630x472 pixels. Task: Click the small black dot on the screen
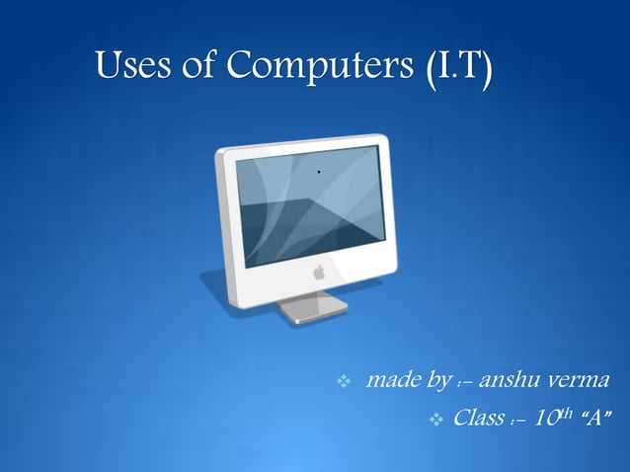click(319, 172)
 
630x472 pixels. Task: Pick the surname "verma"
click(589, 380)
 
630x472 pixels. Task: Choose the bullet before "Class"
click(438, 421)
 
